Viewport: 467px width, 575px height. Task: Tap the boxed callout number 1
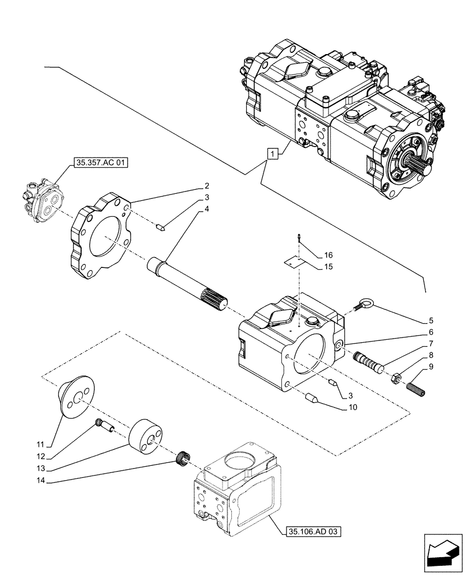[x=273, y=154]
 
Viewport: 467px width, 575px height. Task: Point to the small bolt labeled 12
[x=103, y=425]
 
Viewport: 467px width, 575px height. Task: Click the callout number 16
[x=328, y=255]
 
